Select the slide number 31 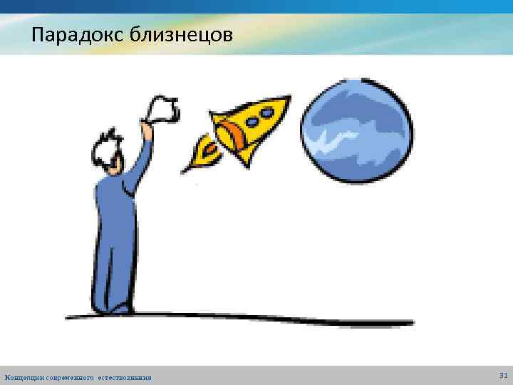point(503,375)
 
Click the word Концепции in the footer point(24,377)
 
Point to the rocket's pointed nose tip point(287,98)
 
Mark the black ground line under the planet point(356,322)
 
